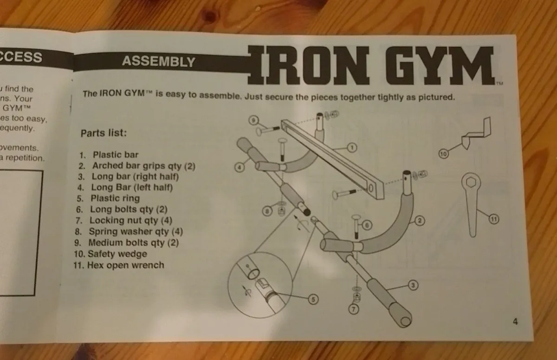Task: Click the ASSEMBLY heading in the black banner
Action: [158, 61]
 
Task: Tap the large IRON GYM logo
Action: [372, 65]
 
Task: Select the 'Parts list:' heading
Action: [104, 133]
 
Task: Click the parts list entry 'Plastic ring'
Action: [115, 198]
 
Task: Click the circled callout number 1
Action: [351, 148]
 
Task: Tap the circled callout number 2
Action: [419, 221]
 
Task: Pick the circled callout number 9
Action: [253, 120]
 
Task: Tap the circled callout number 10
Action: [443, 154]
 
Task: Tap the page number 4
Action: [515, 321]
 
